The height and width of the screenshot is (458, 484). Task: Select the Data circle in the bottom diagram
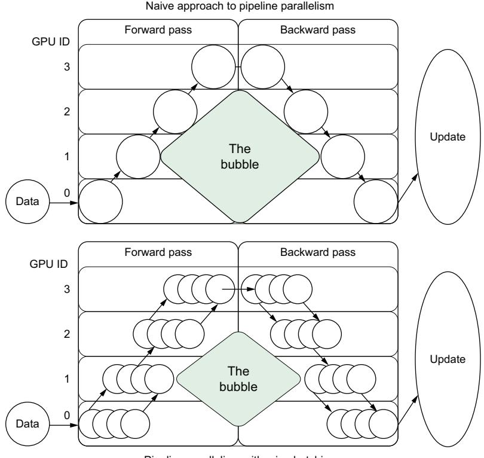[x=23, y=425]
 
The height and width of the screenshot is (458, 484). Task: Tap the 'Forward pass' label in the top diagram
[x=158, y=28]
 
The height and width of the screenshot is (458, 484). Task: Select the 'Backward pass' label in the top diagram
[x=318, y=28]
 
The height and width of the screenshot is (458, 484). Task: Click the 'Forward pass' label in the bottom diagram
[x=158, y=252]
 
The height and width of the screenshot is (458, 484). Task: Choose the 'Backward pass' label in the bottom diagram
[x=318, y=252]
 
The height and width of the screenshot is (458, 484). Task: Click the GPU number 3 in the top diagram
[x=68, y=67]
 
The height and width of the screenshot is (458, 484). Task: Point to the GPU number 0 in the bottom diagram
[x=68, y=414]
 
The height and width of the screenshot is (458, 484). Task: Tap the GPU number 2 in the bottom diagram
[x=68, y=334]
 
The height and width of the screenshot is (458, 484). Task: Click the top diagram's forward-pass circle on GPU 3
[x=214, y=67]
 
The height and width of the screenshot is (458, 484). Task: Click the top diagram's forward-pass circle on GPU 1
[x=137, y=157]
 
